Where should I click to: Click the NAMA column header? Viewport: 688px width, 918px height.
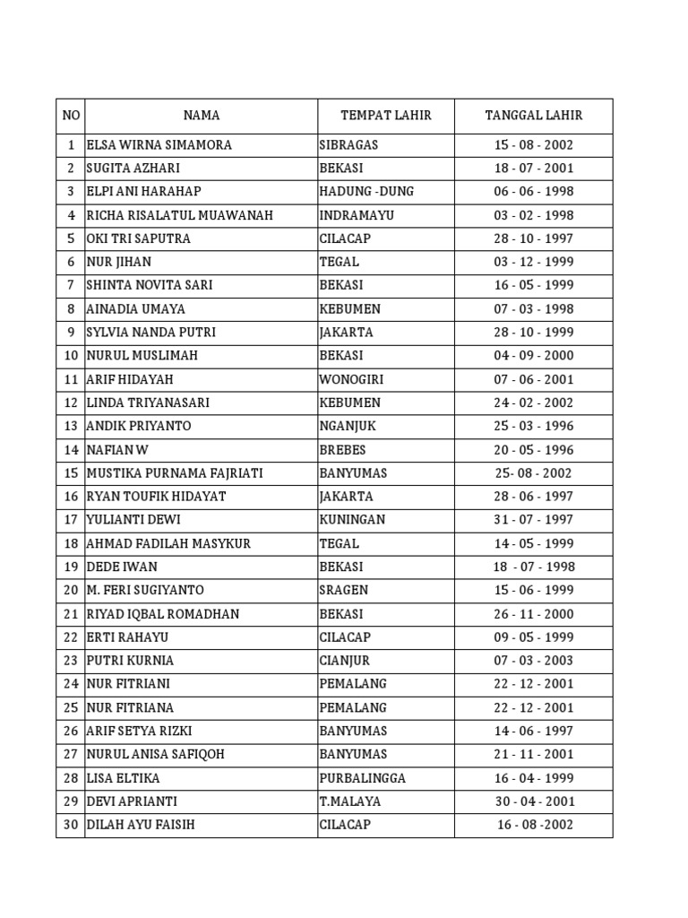[x=202, y=116]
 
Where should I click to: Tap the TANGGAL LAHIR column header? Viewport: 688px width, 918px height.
[x=533, y=116]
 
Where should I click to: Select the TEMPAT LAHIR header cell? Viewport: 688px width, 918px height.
[x=386, y=116]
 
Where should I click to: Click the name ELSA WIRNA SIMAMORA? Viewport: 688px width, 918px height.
[x=159, y=145]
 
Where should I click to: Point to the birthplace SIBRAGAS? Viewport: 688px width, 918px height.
[x=348, y=145]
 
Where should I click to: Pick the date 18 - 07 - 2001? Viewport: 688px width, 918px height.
[x=534, y=169]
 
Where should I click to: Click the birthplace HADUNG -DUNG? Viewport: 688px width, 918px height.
[x=366, y=192]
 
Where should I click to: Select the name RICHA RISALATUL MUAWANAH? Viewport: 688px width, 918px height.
[x=179, y=215]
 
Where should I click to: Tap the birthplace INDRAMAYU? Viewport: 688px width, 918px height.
[x=357, y=215]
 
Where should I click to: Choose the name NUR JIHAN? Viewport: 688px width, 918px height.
[x=119, y=262]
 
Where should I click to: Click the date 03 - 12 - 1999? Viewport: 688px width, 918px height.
[x=534, y=262]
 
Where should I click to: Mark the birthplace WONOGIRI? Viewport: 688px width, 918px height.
[x=352, y=379]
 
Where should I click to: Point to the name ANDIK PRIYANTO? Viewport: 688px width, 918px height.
[x=139, y=426]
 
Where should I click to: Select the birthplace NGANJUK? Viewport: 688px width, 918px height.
[x=348, y=426]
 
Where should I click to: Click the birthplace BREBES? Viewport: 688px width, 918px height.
[x=342, y=450]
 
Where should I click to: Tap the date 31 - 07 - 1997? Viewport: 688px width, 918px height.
[x=534, y=520]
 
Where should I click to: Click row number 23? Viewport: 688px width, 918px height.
[x=71, y=661]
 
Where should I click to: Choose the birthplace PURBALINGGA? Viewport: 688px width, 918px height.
[x=362, y=778]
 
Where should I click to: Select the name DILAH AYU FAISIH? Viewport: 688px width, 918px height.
[x=141, y=825]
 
